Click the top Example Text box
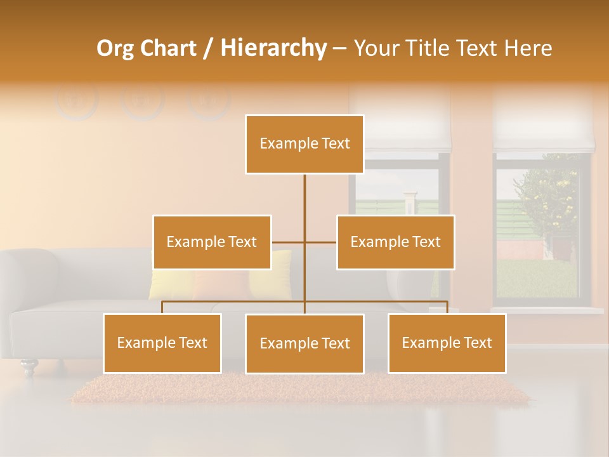coord(304,144)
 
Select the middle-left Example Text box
coord(212,242)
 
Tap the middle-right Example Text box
coord(395,242)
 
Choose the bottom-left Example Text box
coord(162,343)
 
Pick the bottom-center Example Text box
coord(304,343)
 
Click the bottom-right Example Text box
coord(447,343)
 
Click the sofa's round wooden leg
coord(29,366)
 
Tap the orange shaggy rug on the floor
coord(298,388)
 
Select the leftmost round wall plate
coord(76,100)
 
